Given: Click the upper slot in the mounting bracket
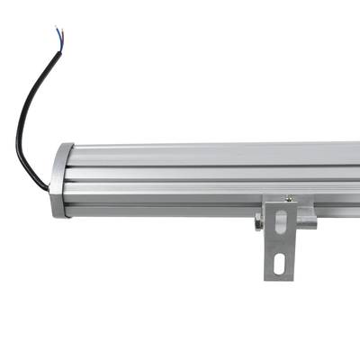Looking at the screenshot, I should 281,220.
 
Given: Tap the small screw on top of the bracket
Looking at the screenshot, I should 288,199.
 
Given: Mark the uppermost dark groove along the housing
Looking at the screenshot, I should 216,164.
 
